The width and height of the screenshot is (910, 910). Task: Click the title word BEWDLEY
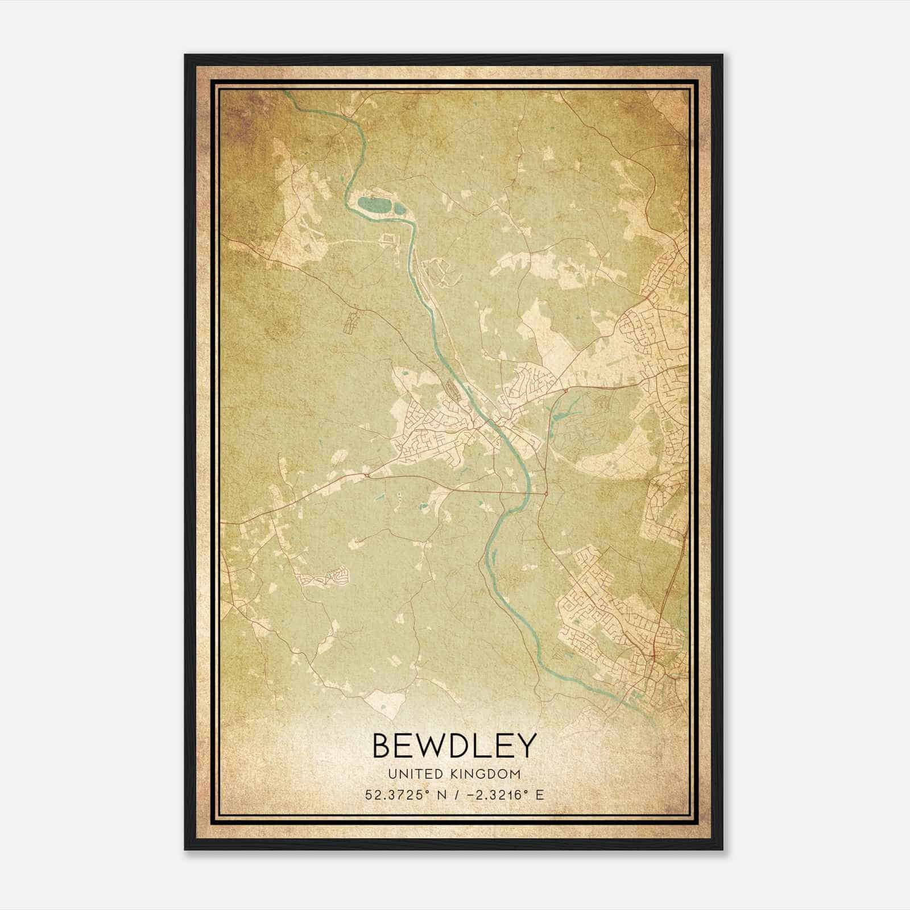point(454,746)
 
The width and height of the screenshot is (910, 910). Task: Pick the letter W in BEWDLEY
point(430,746)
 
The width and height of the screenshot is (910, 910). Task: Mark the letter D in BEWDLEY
point(458,746)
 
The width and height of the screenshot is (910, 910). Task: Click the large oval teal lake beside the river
point(374,204)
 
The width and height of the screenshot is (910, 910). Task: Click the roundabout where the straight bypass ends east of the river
point(545,494)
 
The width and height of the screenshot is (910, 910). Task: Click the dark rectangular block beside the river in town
point(453,388)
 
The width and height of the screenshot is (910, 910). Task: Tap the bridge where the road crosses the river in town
point(488,421)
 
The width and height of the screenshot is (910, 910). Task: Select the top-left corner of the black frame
point(185,55)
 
